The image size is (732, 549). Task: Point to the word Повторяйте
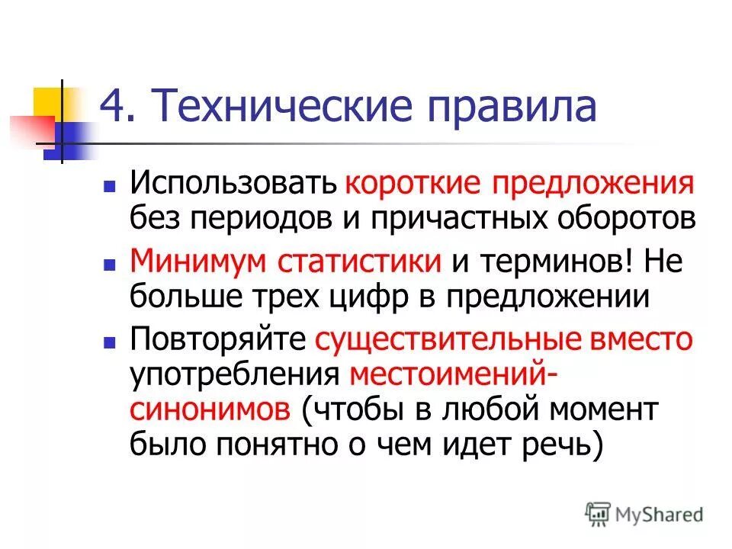[x=218, y=338]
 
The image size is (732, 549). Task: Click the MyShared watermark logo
[x=644, y=514]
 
